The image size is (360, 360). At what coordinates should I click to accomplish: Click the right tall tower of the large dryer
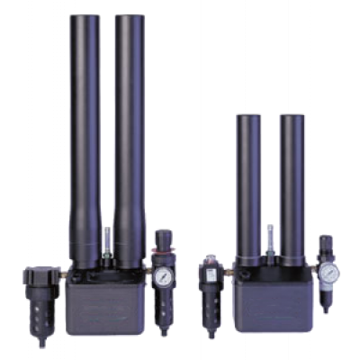tap(130, 135)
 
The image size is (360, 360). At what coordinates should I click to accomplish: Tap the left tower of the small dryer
tap(248, 180)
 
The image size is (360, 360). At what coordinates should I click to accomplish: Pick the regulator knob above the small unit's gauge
tap(326, 246)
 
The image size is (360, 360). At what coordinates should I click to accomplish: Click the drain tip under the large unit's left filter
tap(40, 343)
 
